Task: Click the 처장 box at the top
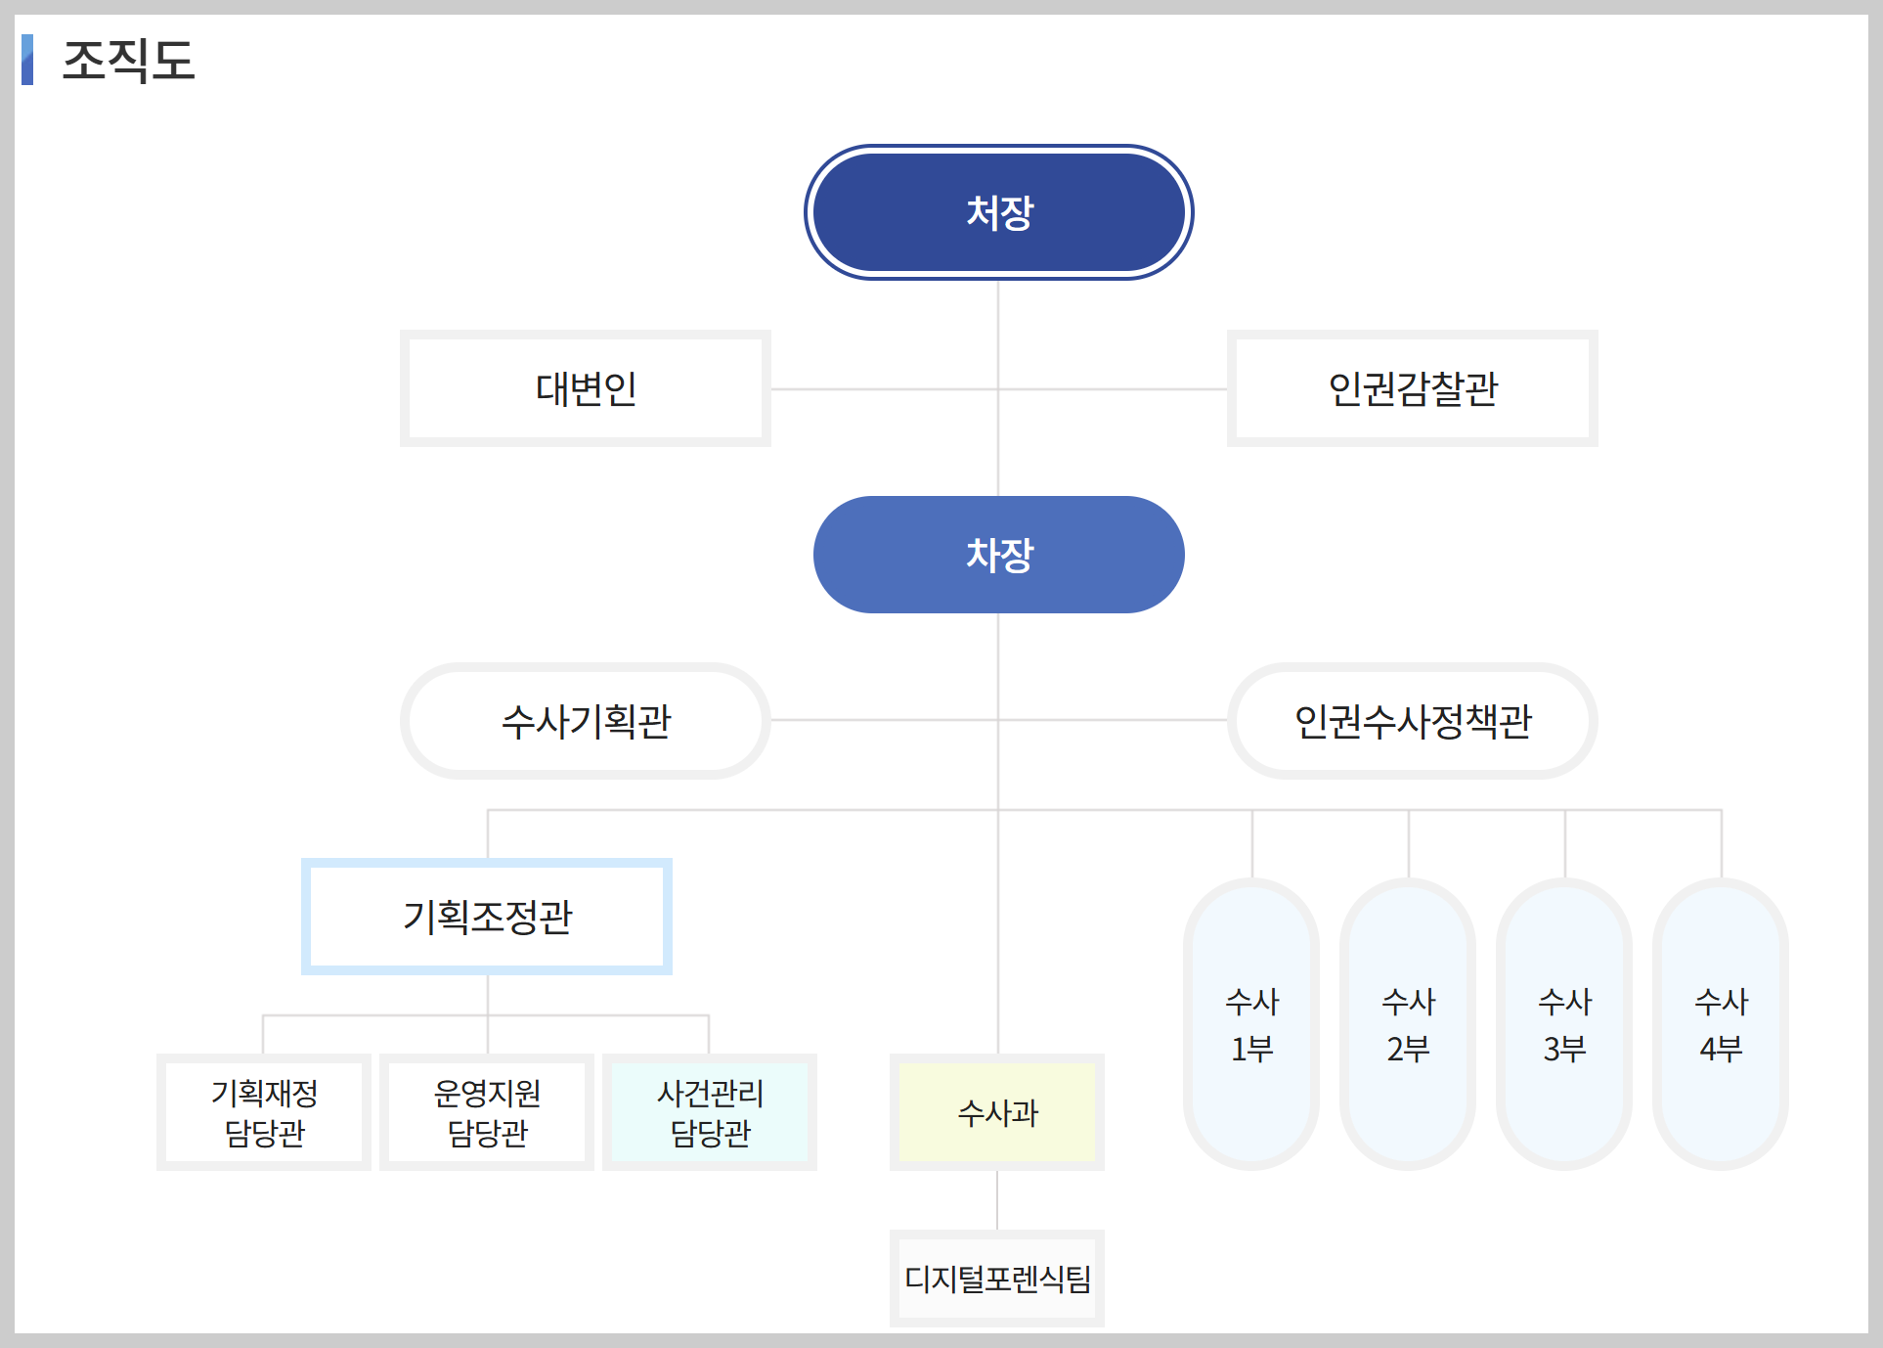998,212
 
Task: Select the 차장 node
998,555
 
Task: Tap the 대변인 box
585,388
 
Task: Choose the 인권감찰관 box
1412,388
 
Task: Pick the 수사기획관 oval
585,721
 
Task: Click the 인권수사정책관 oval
1412,721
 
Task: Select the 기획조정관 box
487,917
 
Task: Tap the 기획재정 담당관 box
264,1112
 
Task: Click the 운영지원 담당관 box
487,1112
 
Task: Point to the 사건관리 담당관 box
710,1112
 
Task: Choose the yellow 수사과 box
997,1112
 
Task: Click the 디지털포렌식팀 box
997,1279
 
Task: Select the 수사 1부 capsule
1251,1024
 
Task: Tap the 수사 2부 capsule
1408,1024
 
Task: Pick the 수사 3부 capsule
1564,1024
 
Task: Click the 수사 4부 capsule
1721,1024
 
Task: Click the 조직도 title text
129,61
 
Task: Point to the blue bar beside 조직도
27,60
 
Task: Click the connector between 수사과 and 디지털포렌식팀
997,1200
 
